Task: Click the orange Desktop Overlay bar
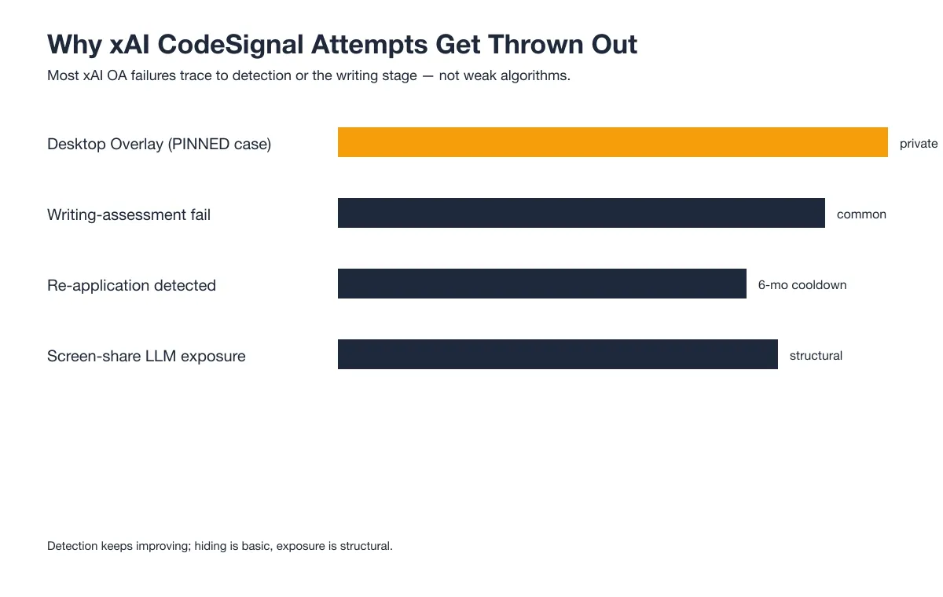tap(612, 142)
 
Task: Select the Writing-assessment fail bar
tap(581, 213)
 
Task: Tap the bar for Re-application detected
tap(541, 284)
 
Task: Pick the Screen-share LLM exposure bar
tap(557, 354)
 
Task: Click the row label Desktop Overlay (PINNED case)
tap(159, 145)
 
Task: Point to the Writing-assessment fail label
tap(129, 214)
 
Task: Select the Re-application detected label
tap(131, 286)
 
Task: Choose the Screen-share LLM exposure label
tap(146, 356)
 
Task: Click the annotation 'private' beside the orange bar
tap(919, 144)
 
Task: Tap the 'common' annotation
tap(861, 214)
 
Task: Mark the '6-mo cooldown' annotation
tap(802, 285)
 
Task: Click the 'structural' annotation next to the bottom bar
tap(816, 356)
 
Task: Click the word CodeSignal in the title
tap(230, 45)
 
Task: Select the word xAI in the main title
tap(129, 44)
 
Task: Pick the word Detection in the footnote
tap(72, 546)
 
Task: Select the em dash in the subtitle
tap(427, 76)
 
